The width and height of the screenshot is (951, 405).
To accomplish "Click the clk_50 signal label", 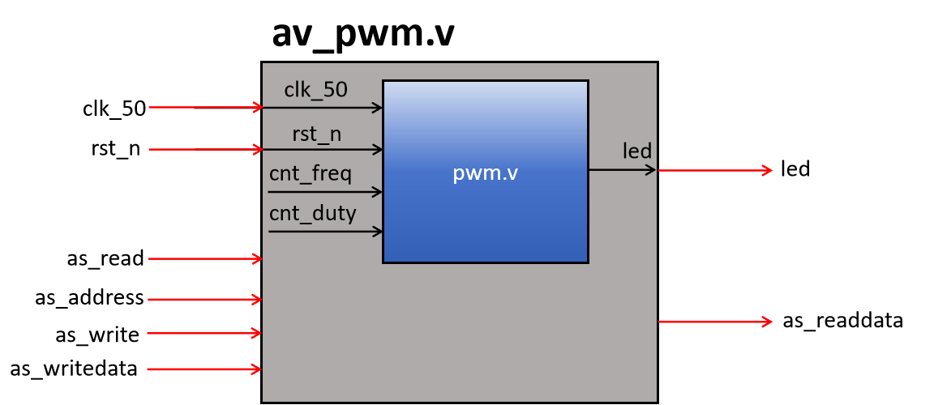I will point(315,90).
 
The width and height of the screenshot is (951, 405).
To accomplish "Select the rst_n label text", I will point(316,134).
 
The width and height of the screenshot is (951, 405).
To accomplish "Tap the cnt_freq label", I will point(311,174).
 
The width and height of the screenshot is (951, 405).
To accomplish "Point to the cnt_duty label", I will point(312,213).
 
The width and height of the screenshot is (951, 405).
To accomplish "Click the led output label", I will point(637,151).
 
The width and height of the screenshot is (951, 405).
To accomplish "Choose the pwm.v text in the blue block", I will point(485,173).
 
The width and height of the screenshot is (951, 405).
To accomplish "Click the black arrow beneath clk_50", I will point(324,107).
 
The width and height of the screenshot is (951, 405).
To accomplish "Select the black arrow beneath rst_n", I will point(324,149).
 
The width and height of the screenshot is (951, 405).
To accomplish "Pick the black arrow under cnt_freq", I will point(324,192).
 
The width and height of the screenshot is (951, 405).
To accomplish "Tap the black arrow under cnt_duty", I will point(324,232).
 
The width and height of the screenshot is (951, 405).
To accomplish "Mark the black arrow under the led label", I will point(621,170).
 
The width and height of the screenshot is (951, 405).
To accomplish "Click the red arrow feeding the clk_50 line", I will point(205,107).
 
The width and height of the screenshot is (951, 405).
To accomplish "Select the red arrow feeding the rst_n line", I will point(205,149).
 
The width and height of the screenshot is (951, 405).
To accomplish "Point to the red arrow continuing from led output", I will point(714,170).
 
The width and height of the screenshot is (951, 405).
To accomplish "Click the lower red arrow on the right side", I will point(714,322).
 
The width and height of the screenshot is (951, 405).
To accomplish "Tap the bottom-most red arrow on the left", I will point(204,369).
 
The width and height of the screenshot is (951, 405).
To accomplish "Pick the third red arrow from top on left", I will point(205,259).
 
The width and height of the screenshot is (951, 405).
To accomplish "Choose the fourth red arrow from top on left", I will point(204,300).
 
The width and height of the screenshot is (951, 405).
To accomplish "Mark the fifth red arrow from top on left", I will point(204,333).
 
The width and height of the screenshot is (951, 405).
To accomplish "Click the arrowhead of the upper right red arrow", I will point(767,170).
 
